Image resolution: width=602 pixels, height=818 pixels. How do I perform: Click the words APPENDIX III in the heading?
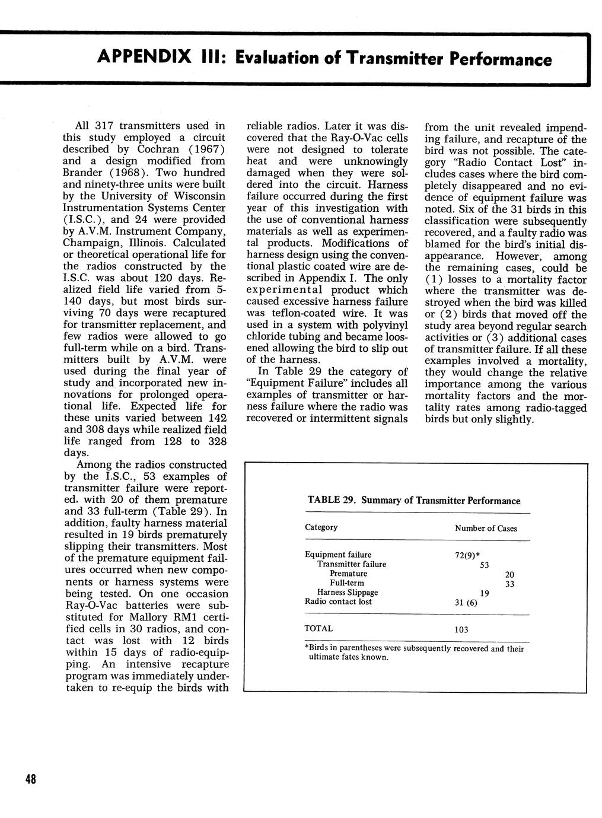click(x=157, y=59)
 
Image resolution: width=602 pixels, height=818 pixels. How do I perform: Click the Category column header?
click(x=321, y=527)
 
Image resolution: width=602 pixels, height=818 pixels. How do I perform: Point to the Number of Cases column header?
click(x=486, y=528)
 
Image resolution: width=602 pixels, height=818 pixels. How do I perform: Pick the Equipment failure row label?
click(x=338, y=555)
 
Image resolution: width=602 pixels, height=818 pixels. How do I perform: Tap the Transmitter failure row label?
click(x=352, y=564)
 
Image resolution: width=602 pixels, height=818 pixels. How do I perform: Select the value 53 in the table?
click(x=484, y=565)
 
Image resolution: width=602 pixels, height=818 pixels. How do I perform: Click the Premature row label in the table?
click(x=348, y=574)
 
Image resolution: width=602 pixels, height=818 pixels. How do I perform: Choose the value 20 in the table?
click(x=509, y=574)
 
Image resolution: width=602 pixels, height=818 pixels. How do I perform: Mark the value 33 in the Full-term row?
click(x=509, y=584)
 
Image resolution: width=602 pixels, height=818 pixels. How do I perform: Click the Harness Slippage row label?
click(x=348, y=592)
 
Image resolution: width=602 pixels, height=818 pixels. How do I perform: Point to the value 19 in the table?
click(x=484, y=593)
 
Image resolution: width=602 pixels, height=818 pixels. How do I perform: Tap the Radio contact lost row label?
click(x=338, y=601)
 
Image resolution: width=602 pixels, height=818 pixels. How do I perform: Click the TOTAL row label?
click(x=318, y=628)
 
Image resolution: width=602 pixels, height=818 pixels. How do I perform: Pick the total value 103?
click(x=461, y=629)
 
